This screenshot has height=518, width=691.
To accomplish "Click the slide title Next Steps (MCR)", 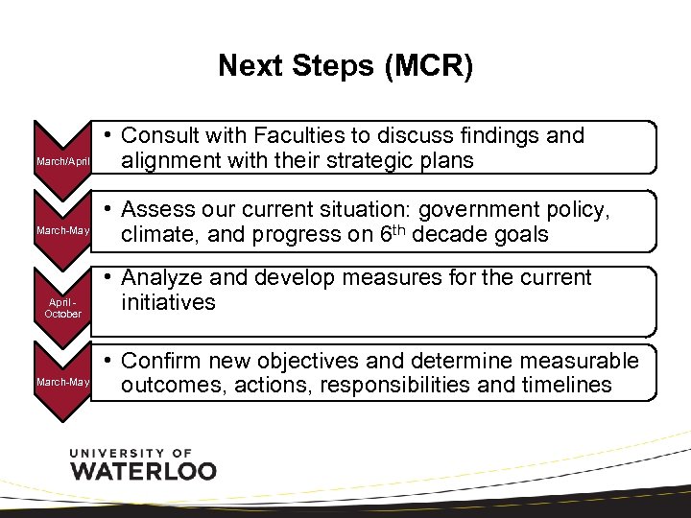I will point(345,66).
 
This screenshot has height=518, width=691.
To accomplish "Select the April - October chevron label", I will point(63,308).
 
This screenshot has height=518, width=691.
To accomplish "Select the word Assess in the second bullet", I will point(157,209).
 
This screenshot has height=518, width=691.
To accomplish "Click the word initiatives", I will point(169,302).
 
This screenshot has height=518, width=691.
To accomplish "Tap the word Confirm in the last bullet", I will point(164,361).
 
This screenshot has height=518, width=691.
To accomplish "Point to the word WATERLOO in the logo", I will point(144,470).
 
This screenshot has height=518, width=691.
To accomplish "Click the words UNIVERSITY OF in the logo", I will point(131,452).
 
